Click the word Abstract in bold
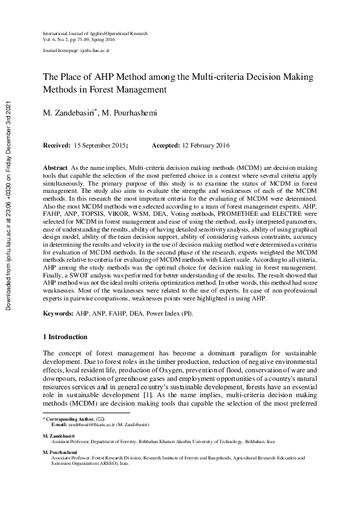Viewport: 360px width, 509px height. [x=55, y=166]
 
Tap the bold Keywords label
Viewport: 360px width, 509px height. [x=58, y=315]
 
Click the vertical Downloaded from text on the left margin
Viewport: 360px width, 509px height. [x=8, y=205]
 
